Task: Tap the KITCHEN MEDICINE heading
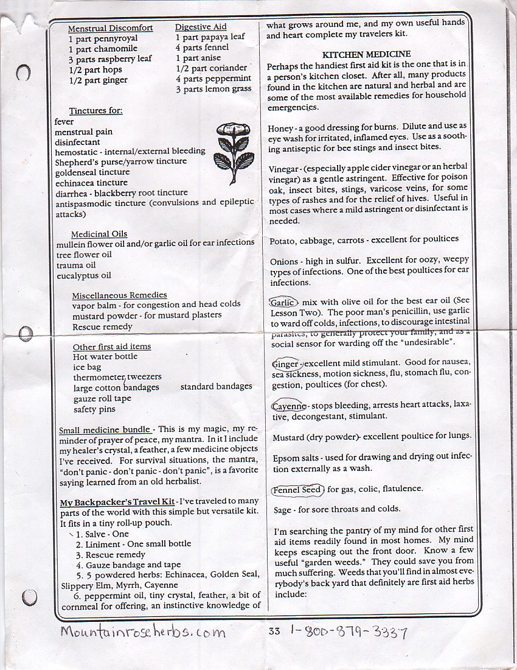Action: [366, 54]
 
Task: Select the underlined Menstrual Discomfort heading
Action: [110, 28]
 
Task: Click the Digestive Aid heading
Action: [201, 27]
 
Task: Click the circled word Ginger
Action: [286, 364]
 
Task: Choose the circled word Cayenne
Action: [288, 406]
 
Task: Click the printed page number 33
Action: [274, 630]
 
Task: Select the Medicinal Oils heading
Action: [99, 234]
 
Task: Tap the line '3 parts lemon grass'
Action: [213, 89]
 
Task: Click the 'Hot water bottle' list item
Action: [105, 357]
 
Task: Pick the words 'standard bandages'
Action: [216, 386]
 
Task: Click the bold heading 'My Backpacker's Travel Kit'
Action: [117, 501]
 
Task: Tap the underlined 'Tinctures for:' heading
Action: [95, 111]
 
